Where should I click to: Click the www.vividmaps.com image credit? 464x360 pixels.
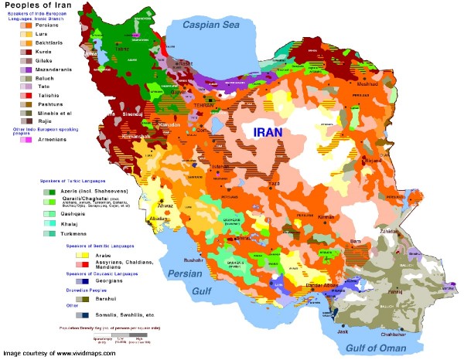coord(58,353)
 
